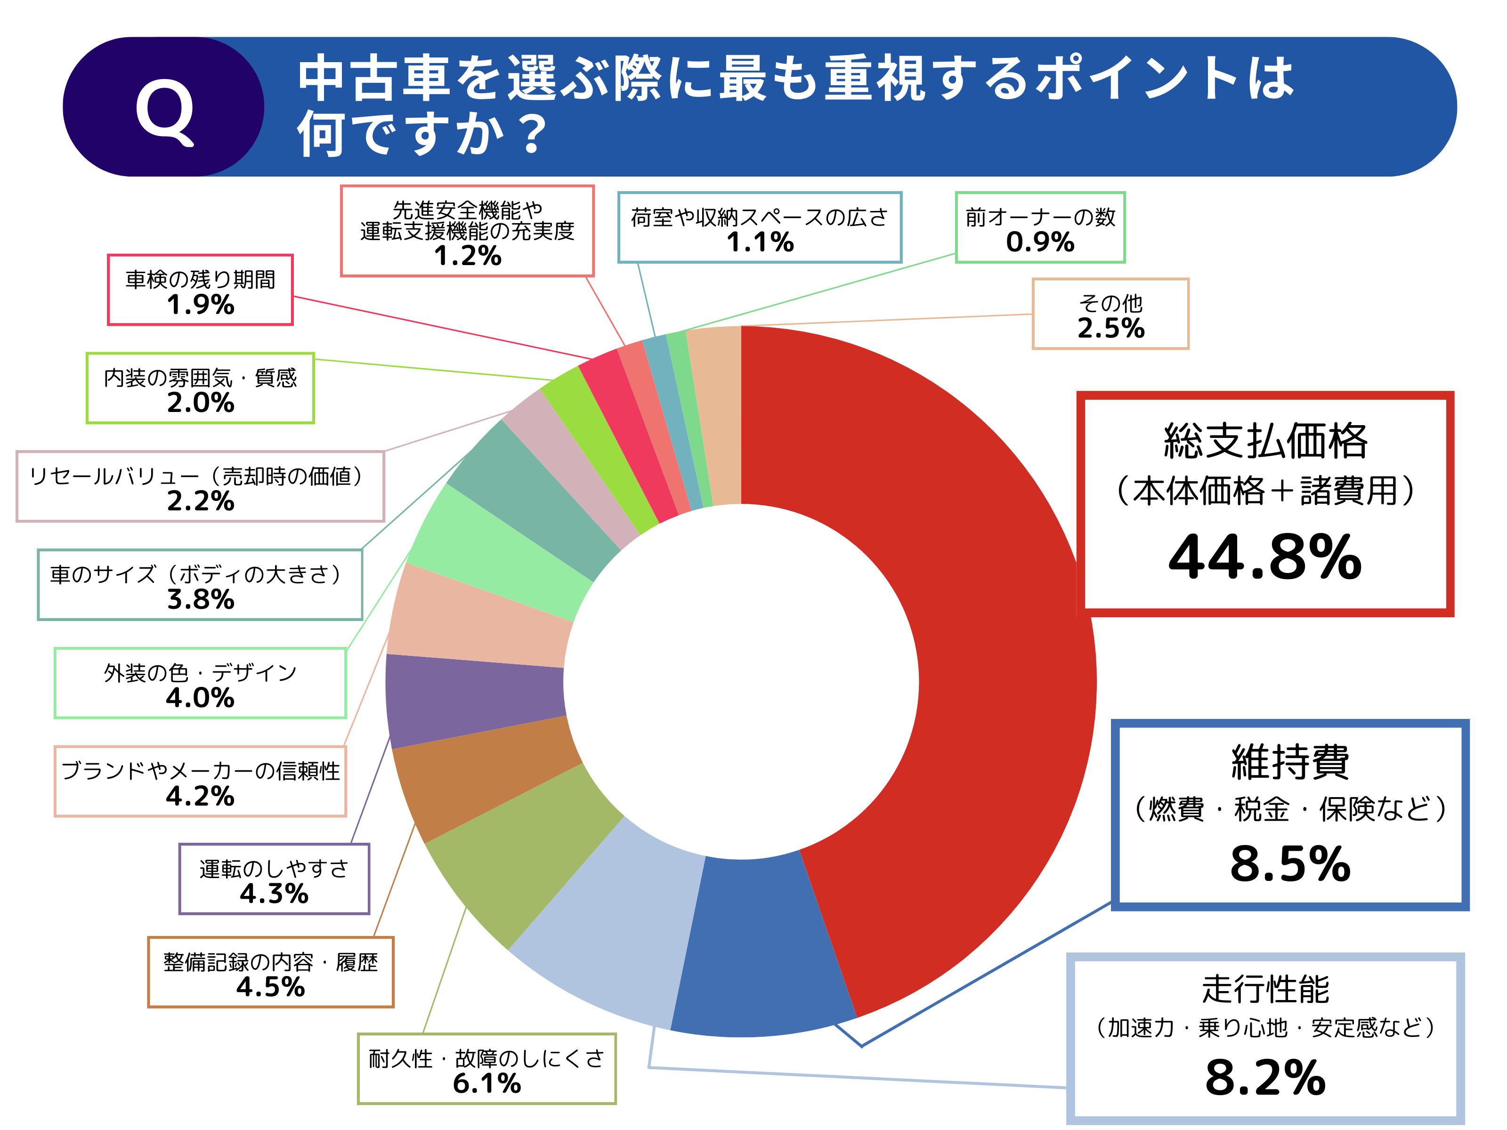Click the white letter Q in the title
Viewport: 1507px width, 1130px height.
(164, 111)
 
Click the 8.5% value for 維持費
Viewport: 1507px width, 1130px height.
(1290, 864)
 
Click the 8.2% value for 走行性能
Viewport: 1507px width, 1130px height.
(1264, 1078)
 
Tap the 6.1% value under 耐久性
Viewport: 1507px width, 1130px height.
(486, 1083)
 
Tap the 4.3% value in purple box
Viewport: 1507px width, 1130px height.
(274, 893)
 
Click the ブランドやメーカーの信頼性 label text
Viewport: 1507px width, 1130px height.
(200, 770)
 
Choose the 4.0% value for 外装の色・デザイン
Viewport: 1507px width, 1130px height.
(200, 697)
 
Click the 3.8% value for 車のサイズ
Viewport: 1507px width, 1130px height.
(200, 599)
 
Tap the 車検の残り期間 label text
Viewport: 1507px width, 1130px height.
(200, 279)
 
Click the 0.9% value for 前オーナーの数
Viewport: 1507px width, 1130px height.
(1040, 242)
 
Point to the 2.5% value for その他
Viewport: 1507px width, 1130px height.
(1110, 328)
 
